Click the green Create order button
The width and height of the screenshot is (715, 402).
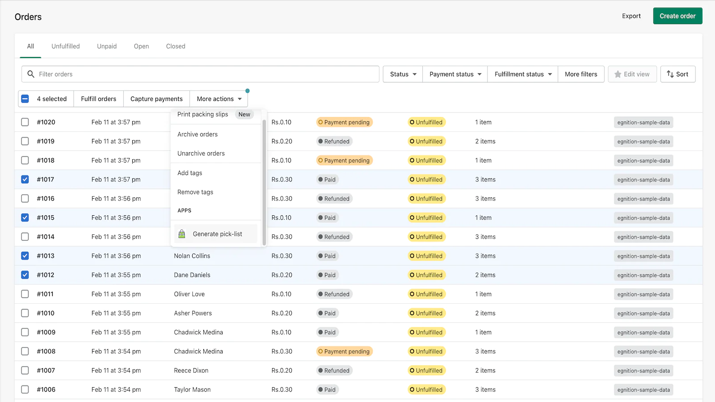pyautogui.click(x=677, y=16)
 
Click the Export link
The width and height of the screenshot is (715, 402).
pyautogui.click(x=631, y=16)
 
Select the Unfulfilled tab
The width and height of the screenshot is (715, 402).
pyautogui.click(x=65, y=46)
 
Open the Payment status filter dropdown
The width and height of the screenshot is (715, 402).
pyautogui.click(x=455, y=74)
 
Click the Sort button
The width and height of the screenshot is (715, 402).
pyautogui.click(x=677, y=74)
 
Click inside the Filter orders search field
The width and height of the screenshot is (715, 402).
pyautogui.click(x=201, y=74)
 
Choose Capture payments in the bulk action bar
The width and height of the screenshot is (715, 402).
pyautogui.click(x=156, y=99)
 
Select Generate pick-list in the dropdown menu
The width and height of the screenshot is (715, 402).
pyautogui.click(x=217, y=234)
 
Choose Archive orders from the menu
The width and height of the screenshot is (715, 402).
pyautogui.click(x=198, y=134)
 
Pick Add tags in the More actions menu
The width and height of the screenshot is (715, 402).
pyautogui.click(x=190, y=173)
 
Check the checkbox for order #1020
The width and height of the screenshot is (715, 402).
pyautogui.click(x=25, y=122)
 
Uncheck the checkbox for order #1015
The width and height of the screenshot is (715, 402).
pyautogui.click(x=25, y=218)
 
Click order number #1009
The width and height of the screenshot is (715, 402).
pyautogui.click(x=46, y=332)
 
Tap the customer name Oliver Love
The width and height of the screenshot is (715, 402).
pyautogui.click(x=189, y=294)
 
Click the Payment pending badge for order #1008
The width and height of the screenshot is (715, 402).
pyautogui.click(x=344, y=352)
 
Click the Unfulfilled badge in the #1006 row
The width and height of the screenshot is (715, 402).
pyautogui.click(x=426, y=389)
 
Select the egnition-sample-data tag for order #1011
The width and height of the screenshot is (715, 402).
pyautogui.click(x=643, y=294)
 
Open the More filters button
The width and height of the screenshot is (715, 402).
pyautogui.click(x=580, y=74)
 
